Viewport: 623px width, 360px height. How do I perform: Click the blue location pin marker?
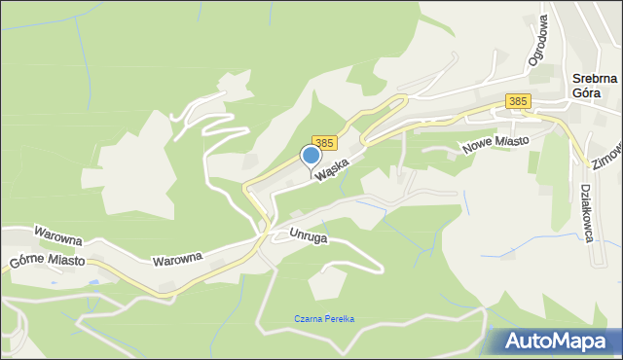(x=311, y=156)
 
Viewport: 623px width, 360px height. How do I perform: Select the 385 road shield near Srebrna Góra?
(x=518, y=101)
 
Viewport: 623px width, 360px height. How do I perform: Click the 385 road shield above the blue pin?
(x=324, y=142)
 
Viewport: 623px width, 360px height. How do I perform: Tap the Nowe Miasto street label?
(x=496, y=143)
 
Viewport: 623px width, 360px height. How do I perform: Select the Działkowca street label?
(x=587, y=214)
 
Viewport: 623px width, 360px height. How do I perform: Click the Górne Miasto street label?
(x=47, y=263)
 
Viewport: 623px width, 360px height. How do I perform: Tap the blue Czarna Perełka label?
(x=325, y=319)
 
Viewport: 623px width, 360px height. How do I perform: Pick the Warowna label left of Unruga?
(x=177, y=259)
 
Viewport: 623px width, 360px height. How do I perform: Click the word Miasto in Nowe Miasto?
(x=510, y=141)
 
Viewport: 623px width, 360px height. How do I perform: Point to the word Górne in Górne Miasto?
(x=28, y=264)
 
